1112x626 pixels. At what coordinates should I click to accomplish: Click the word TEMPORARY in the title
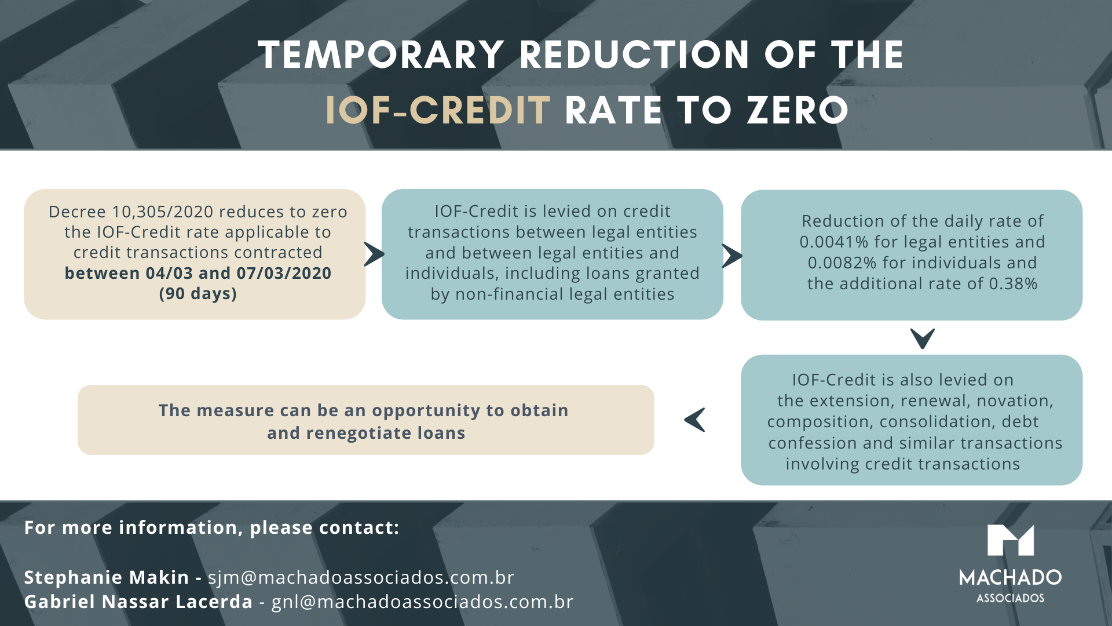point(381,55)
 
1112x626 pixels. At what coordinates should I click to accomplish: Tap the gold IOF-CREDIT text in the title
point(438,110)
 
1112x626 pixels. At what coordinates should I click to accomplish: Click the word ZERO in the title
point(798,110)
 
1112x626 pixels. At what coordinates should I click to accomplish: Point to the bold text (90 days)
point(198,294)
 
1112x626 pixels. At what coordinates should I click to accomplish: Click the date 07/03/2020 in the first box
point(284,273)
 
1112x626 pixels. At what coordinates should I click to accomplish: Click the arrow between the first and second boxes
point(374,254)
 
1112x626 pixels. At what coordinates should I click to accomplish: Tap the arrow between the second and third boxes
point(732,256)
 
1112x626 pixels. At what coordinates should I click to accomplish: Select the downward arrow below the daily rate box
point(922,339)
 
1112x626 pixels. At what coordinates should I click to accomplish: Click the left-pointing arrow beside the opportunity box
point(695,420)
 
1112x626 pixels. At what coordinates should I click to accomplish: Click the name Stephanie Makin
point(107,577)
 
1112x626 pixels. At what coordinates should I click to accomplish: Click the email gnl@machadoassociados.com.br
point(422,602)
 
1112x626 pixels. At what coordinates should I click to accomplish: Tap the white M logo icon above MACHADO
point(1010,540)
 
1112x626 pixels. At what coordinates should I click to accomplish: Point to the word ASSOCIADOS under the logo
point(1010,598)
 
